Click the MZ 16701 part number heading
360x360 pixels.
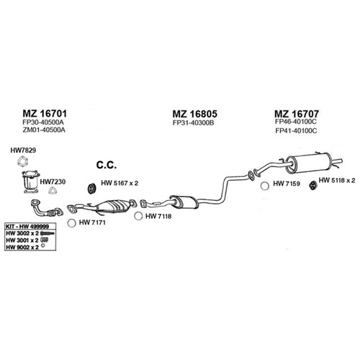tap(45, 113)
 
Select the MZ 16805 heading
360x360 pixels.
tap(195, 114)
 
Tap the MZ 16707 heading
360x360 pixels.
tap(297, 114)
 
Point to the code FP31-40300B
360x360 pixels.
tap(193, 123)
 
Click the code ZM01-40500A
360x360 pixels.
tap(44, 130)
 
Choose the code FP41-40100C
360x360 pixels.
tap(296, 131)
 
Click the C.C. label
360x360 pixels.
tap(107, 165)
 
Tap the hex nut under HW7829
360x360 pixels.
tap(23, 161)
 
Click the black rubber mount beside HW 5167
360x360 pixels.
tap(91, 189)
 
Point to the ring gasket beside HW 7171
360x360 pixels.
tap(71, 223)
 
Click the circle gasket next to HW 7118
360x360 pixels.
tap(138, 216)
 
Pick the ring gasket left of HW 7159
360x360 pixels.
tap(265, 186)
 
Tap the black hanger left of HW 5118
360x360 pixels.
tap(312, 185)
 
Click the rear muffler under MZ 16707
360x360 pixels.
tap(310, 163)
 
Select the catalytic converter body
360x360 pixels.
tap(113, 207)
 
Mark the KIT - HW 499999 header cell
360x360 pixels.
tap(27, 227)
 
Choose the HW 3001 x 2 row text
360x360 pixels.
tap(22, 240)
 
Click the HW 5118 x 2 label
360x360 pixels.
tap(337, 181)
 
